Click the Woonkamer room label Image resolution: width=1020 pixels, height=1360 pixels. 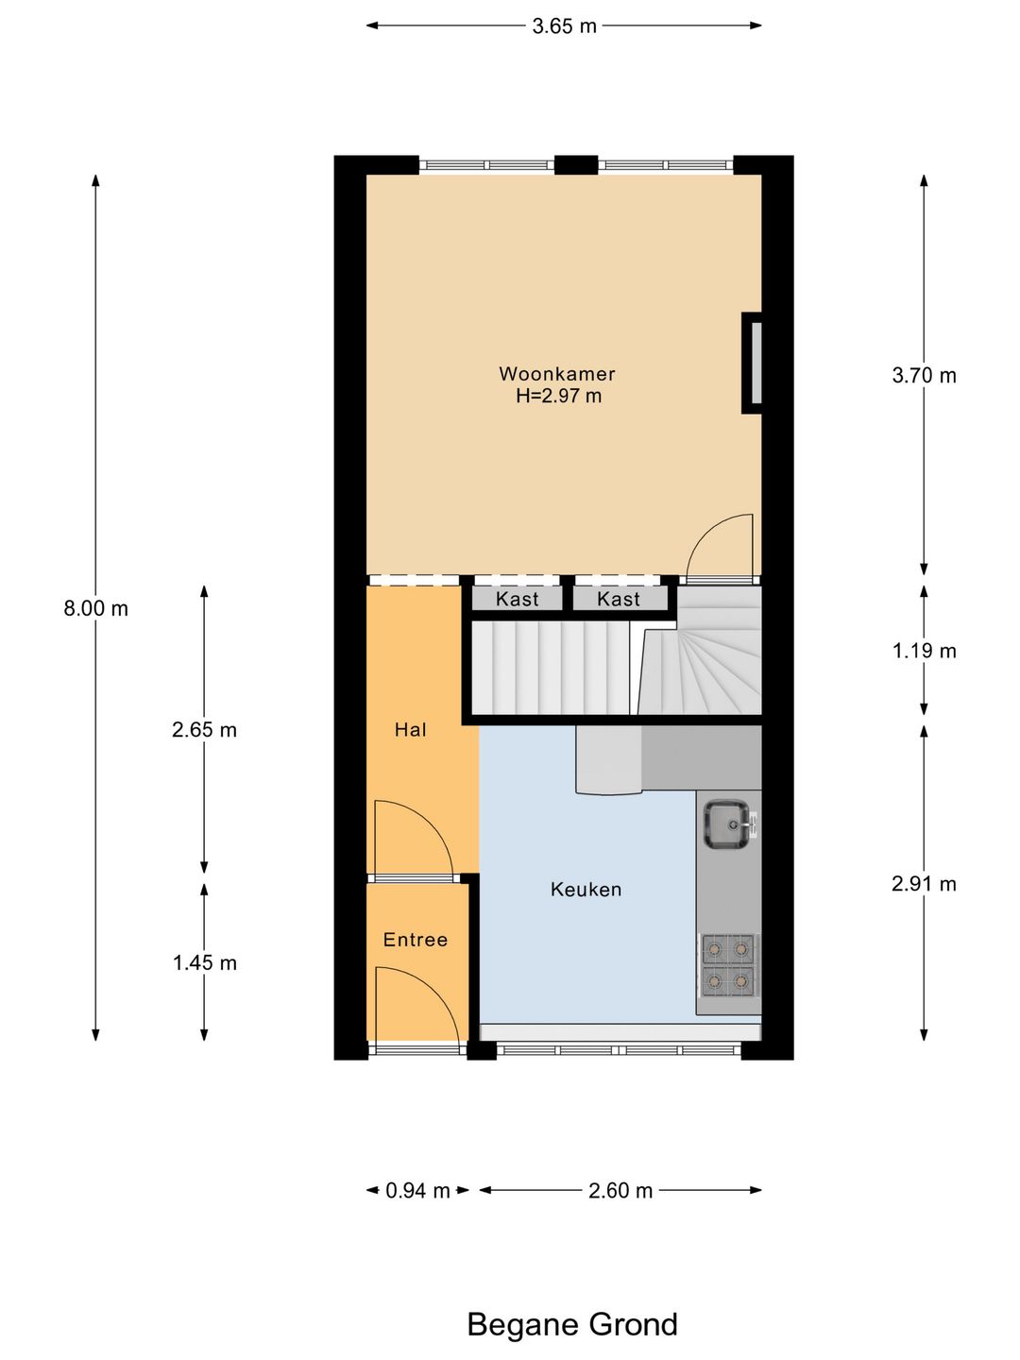(557, 374)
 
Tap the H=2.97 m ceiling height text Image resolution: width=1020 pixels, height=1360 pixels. (558, 396)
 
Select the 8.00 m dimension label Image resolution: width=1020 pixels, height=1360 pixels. (96, 608)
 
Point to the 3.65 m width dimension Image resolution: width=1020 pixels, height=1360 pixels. (564, 26)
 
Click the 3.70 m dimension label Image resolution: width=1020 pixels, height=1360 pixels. (924, 376)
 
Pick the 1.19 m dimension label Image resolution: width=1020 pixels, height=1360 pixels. (924, 651)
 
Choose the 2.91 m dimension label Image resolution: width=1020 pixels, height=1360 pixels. (924, 884)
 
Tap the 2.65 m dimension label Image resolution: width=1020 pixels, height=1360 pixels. (204, 730)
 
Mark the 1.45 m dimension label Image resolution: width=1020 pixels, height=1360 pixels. (204, 962)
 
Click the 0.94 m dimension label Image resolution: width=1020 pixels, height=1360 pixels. (417, 1190)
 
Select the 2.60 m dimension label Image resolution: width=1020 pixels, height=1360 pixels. (620, 1190)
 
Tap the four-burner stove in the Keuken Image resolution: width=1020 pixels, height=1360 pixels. (728, 966)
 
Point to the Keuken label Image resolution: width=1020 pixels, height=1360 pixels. (586, 891)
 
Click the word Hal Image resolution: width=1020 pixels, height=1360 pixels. (411, 730)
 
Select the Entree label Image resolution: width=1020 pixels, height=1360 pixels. (416, 940)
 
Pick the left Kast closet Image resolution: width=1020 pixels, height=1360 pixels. (518, 599)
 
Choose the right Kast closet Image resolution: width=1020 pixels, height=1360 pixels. (620, 599)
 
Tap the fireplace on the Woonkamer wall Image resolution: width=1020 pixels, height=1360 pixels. (753, 363)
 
